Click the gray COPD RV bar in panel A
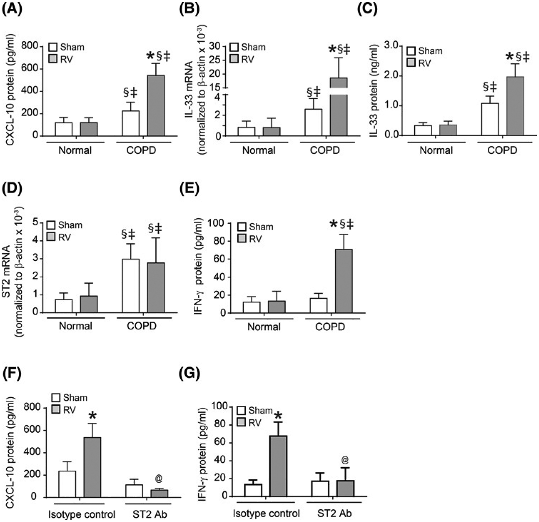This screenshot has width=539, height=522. point(156,106)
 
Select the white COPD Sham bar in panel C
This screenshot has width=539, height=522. point(490,120)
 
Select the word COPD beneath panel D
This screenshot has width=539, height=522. point(142,326)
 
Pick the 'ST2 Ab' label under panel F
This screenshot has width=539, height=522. point(150,514)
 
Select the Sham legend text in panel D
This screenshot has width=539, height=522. point(70,225)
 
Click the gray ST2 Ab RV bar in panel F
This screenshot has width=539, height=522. point(159,493)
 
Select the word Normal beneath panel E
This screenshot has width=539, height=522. point(264,327)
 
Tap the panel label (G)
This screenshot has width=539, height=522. point(189,373)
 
